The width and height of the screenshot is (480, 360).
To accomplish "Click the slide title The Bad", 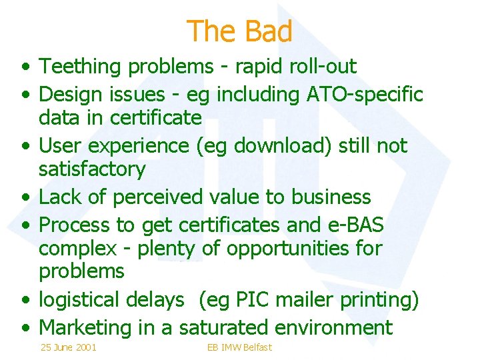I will (239, 31).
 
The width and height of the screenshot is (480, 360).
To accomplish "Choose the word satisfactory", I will (92, 169).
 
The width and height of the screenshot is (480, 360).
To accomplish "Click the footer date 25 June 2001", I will (68, 347).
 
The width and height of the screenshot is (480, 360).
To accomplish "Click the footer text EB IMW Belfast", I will (239, 347).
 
